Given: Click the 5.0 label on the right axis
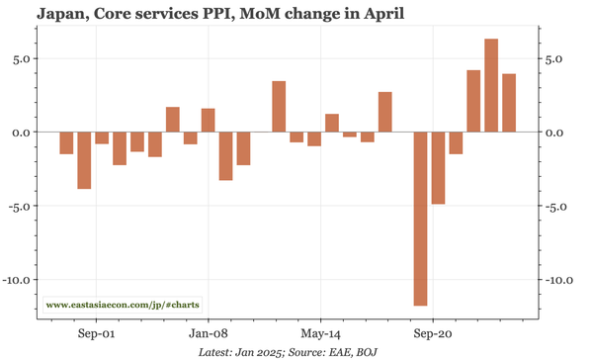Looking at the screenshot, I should pyautogui.click(x=554, y=58).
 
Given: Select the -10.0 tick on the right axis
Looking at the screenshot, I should pyautogui.click(x=558, y=280).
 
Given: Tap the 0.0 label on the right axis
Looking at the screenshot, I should pyautogui.click(x=554, y=133).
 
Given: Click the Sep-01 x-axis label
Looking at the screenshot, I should pyautogui.click(x=95, y=333).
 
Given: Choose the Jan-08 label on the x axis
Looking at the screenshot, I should pyautogui.click(x=209, y=333).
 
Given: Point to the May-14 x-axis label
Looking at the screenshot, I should pyautogui.click(x=321, y=333).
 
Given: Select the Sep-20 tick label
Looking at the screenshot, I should pyautogui.click(x=434, y=333).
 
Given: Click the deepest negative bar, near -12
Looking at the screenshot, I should pyautogui.click(x=420, y=219).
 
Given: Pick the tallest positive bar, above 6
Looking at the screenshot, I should pyautogui.click(x=491, y=85).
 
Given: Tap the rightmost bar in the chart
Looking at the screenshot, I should pyautogui.click(x=509, y=103).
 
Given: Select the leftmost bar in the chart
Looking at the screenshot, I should pyautogui.click(x=66, y=142).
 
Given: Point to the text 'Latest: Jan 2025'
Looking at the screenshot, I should pyautogui.click(x=241, y=352).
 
